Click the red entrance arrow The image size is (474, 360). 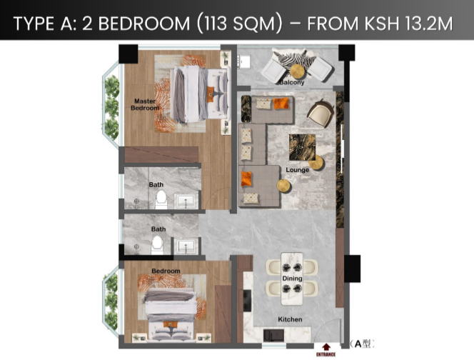tap(326, 346)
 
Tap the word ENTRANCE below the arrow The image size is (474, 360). tap(326, 354)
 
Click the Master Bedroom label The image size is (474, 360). tap(145, 104)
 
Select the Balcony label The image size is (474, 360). tap(292, 82)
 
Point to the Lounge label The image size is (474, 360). tap(298, 170)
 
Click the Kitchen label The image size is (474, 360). tap(290, 319)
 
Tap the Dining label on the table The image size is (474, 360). tap(292, 278)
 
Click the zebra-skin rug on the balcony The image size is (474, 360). tap(295, 59)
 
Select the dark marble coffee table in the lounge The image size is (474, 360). tap(302, 147)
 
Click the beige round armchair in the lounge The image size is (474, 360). tap(321, 114)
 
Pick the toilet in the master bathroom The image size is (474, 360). tap(161, 199)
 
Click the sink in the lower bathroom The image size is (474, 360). tap(186, 246)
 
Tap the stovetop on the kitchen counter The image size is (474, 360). tap(247, 301)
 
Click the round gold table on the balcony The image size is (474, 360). tap(298, 71)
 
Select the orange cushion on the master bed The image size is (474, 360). tap(211, 94)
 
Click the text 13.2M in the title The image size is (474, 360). tap(428, 24)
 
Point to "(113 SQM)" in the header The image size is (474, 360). tap(239, 24)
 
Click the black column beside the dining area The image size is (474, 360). tap(352, 269)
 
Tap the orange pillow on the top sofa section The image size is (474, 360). tap(281, 103)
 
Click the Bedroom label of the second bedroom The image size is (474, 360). tap(166, 271)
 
